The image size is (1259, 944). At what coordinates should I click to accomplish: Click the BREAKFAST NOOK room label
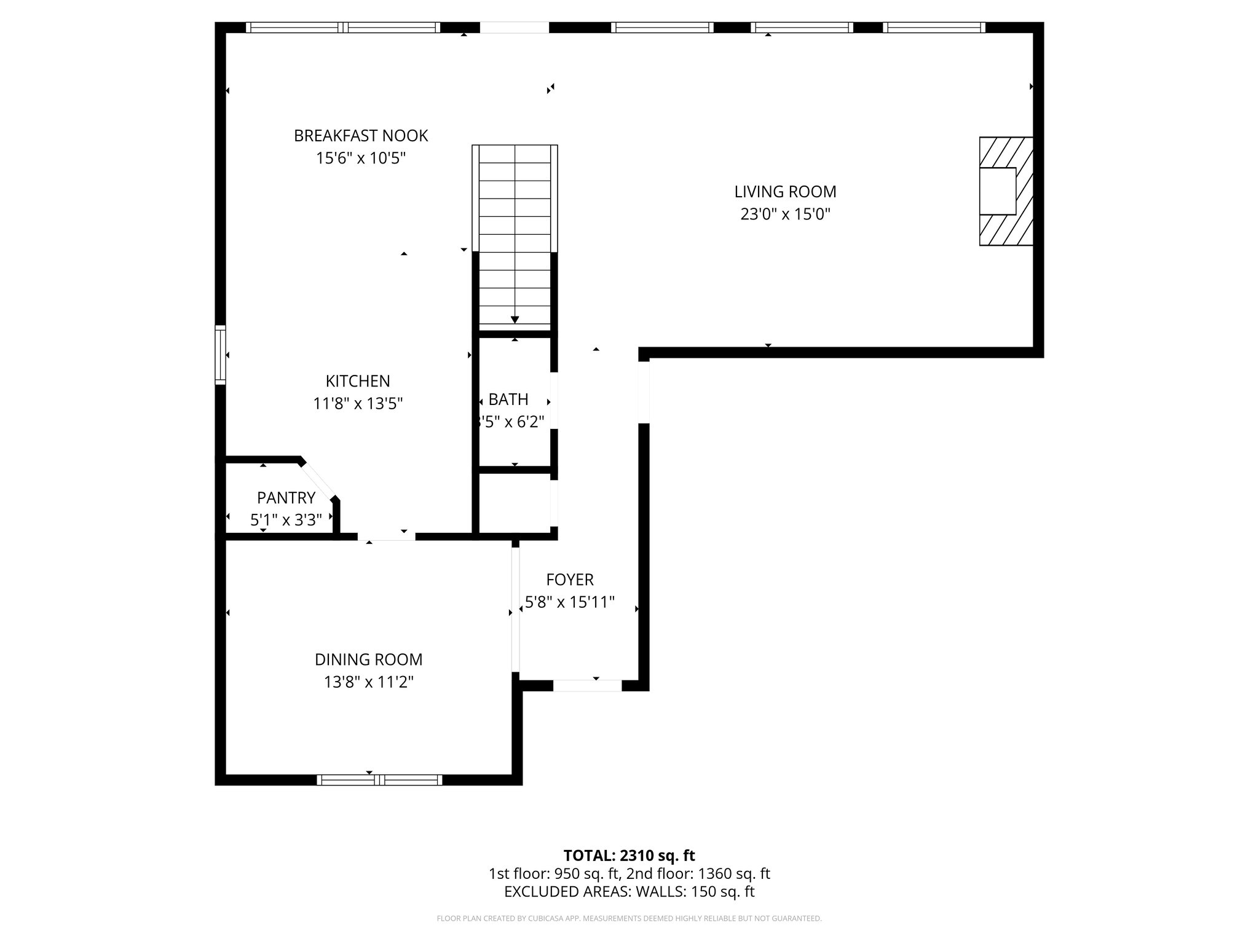pos(361,136)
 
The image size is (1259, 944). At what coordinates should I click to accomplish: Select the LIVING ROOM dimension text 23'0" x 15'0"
pos(785,214)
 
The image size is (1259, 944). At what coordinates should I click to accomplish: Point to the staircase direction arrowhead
pos(515,320)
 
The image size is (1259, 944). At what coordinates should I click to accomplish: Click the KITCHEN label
pos(358,381)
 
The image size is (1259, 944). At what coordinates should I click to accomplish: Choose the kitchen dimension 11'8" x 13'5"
pos(358,404)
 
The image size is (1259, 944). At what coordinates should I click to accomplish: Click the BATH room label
pos(508,399)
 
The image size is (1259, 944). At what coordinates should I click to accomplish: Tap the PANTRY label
pos(286,497)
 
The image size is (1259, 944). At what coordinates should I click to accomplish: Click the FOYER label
pos(570,580)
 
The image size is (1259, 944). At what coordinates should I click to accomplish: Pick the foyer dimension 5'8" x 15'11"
pos(570,602)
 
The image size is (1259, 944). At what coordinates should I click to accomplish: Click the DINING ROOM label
pos(368,659)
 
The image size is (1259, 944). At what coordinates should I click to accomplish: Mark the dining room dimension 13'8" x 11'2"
pos(368,682)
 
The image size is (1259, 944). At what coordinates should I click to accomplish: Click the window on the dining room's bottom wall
pos(379,780)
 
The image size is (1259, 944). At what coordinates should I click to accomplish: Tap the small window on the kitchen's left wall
pos(220,355)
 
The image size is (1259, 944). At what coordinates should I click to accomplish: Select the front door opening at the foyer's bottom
pos(587,685)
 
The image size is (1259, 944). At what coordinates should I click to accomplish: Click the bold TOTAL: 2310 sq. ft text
pos(629,855)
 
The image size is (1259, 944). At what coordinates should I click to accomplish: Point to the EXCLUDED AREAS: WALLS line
pos(629,892)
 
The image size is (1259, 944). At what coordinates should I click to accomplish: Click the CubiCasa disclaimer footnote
pos(629,919)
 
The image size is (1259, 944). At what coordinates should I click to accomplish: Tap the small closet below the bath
pos(515,503)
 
